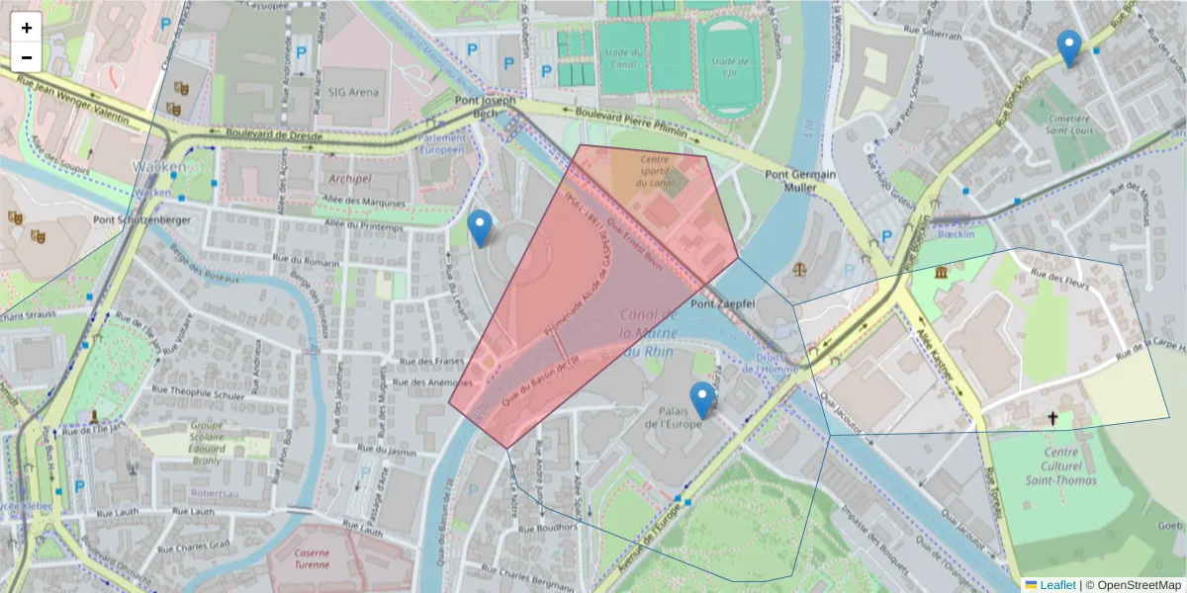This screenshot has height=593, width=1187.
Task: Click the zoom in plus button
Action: (x=27, y=28)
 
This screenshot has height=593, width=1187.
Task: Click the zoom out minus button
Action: (x=27, y=57)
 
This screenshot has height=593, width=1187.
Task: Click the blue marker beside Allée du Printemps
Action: (x=480, y=228)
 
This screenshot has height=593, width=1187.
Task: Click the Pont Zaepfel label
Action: (x=723, y=303)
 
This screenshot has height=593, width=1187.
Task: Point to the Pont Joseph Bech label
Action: (x=485, y=107)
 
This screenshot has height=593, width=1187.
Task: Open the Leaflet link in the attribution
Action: (x=1057, y=585)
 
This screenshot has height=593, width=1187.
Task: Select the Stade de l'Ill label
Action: (x=729, y=66)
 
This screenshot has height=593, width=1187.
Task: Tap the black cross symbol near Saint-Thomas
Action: (x=1052, y=419)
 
